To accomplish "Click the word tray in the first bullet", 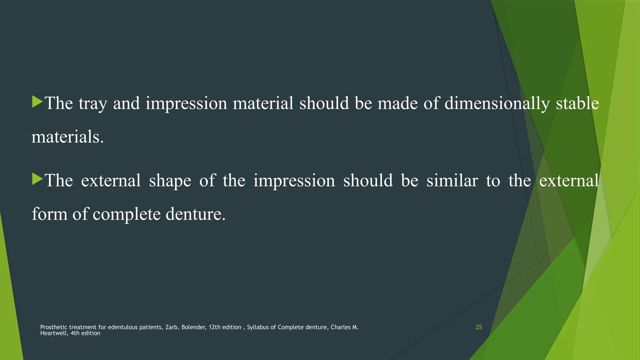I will pos(92,104).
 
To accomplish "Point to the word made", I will pos(397,103).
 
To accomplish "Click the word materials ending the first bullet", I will pos(67,137).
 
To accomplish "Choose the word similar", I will pos(452,181).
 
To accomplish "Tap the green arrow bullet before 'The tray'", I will pos(37,102).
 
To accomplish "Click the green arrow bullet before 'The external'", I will pos(37,179).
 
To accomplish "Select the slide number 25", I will pos(478,327).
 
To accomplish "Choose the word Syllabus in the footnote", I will pos(258,327).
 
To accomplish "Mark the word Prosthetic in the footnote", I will pos(53,327).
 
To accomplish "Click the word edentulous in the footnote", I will pos(122,327).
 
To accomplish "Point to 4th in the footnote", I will pos(75,333).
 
